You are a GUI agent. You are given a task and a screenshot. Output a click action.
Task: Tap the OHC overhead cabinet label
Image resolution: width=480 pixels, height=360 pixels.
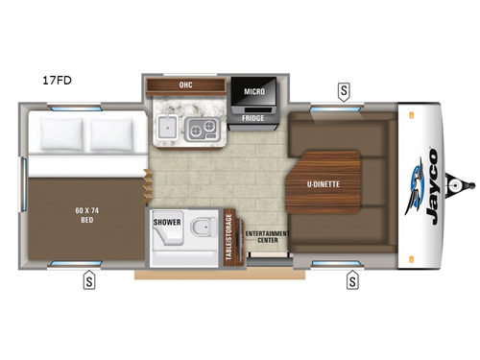(x=185, y=84)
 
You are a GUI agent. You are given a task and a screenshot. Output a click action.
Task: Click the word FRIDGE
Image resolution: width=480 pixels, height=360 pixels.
(x=252, y=118)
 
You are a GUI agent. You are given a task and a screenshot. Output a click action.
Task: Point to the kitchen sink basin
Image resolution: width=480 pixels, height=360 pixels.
(x=166, y=128)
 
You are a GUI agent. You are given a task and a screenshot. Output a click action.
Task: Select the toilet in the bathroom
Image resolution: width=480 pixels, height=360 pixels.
(x=200, y=229)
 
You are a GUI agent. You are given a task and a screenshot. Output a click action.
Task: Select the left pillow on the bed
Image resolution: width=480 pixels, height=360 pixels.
(x=60, y=137)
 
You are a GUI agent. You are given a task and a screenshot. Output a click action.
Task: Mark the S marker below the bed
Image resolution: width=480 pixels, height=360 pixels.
(x=87, y=281)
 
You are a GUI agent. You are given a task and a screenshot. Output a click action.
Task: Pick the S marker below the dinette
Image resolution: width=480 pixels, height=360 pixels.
(x=352, y=281)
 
